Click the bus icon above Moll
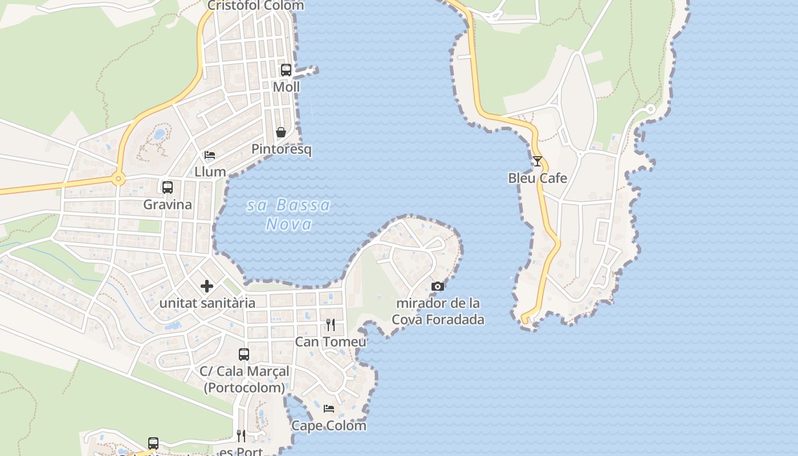click(x=286, y=70)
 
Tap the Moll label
click(x=286, y=87)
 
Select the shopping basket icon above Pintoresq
click(x=281, y=132)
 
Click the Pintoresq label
click(x=282, y=149)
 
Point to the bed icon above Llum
click(x=210, y=155)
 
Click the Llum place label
click(x=210, y=172)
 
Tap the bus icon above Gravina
click(x=168, y=187)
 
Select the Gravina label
click(x=168, y=204)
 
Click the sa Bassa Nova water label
click(x=289, y=214)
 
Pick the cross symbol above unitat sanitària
click(x=207, y=286)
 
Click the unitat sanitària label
click(x=207, y=303)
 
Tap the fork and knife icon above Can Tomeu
click(x=331, y=325)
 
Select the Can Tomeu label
click(x=331, y=341)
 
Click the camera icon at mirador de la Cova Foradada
click(x=438, y=286)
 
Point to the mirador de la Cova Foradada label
click(x=438, y=311)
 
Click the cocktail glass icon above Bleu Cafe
click(x=538, y=161)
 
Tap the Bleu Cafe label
click(x=538, y=178)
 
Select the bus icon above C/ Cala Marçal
click(x=244, y=355)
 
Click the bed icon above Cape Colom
click(x=329, y=409)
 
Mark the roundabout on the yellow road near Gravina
click(x=119, y=179)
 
